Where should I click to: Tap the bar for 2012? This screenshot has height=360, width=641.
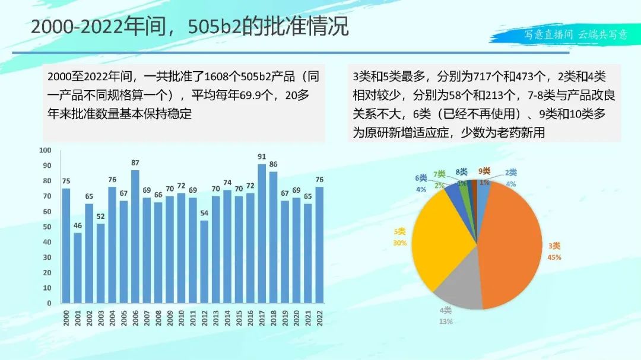tap(204, 262)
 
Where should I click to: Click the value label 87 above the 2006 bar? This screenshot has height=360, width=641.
tap(135, 163)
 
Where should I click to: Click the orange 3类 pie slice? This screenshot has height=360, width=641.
tap(510, 243)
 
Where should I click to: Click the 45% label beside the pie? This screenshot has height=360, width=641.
tap(554, 257)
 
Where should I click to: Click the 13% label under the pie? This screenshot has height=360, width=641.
tap(446, 321)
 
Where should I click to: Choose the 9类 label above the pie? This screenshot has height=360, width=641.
tap(484, 171)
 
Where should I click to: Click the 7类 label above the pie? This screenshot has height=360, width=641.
tap(439, 174)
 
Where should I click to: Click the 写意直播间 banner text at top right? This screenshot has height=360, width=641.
tap(548, 34)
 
